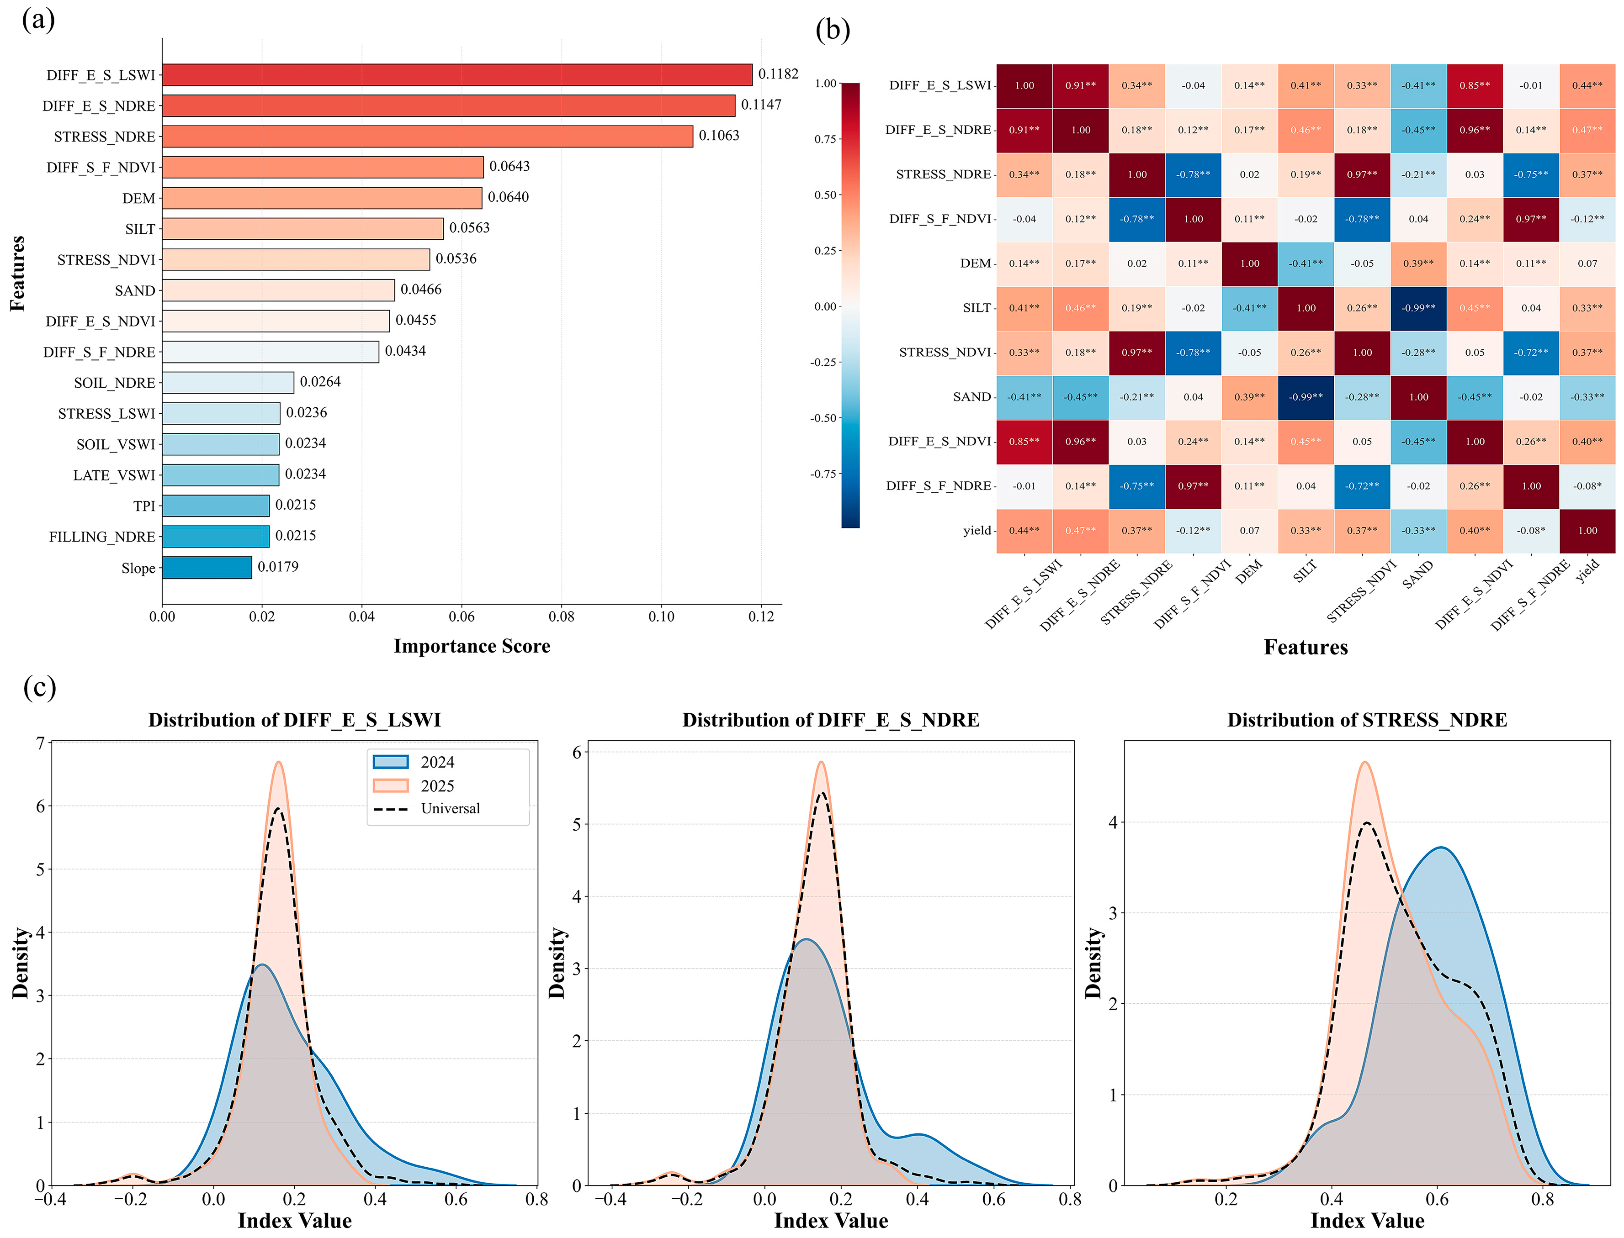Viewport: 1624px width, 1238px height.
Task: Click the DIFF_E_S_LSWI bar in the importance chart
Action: (x=457, y=74)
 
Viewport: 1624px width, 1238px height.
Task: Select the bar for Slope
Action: (x=207, y=568)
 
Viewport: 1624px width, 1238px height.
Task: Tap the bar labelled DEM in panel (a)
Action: (x=322, y=197)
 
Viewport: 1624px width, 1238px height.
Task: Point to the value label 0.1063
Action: (x=719, y=136)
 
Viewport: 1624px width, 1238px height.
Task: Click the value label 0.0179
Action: (x=278, y=567)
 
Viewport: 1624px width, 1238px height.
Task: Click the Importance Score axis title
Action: (x=472, y=646)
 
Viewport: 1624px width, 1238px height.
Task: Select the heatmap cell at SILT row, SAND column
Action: (x=1418, y=308)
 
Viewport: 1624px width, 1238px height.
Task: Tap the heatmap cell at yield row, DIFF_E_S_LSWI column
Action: (x=1024, y=531)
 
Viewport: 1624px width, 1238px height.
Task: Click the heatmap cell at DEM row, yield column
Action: (x=1587, y=263)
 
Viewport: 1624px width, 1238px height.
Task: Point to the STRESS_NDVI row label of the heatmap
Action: (x=945, y=352)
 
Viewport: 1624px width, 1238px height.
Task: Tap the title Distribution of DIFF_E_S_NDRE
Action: (x=831, y=720)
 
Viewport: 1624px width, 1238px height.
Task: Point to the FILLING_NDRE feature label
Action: (x=102, y=537)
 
